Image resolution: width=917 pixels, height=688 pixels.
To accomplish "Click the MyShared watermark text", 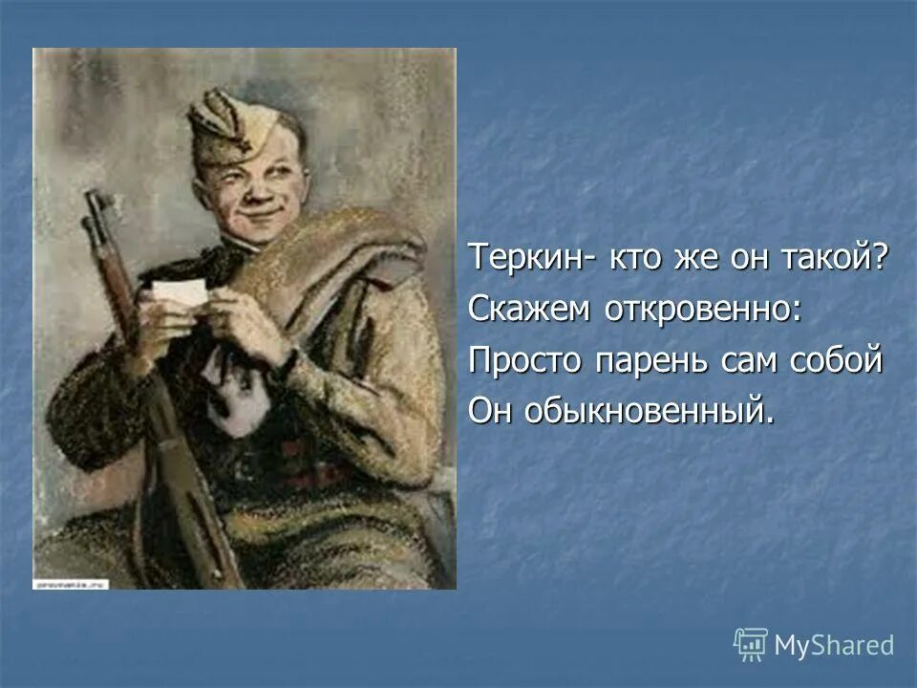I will click(x=834, y=645).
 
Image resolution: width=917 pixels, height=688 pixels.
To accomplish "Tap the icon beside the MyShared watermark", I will click(x=751, y=644).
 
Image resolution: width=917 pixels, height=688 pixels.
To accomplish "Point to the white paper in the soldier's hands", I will click(x=179, y=295).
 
